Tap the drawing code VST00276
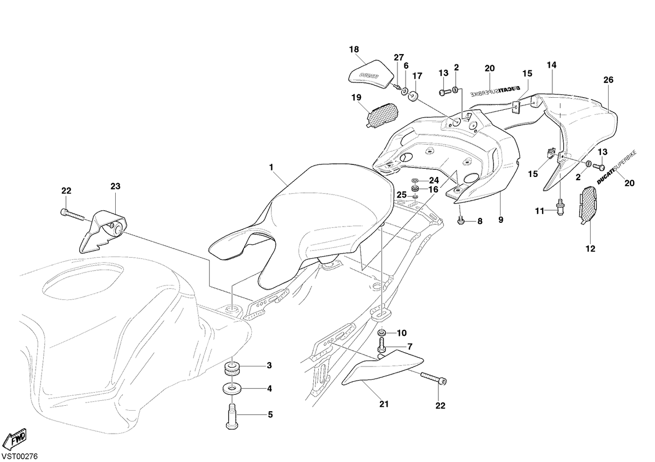coord(20,456)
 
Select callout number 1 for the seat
coord(271,167)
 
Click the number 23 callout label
coord(116,186)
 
